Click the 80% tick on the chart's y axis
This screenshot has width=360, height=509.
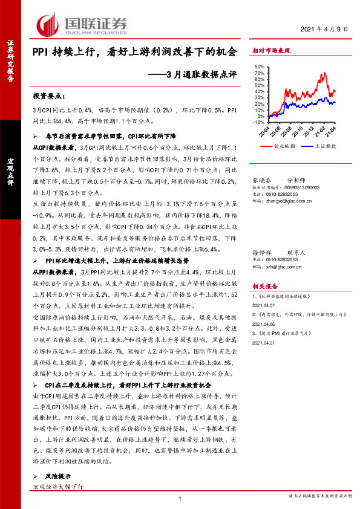click(x=258, y=66)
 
